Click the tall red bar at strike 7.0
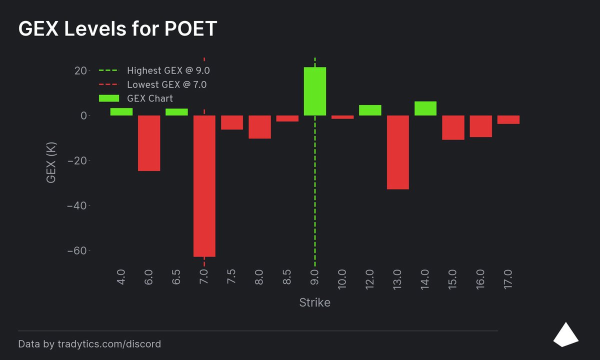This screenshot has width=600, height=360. pyautogui.click(x=204, y=186)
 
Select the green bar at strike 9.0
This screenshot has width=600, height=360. pyautogui.click(x=315, y=91)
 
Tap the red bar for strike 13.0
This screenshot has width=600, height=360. pyautogui.click(x=398, y=152)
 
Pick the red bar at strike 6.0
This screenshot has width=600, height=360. pyautogui.click(x=149, y=143)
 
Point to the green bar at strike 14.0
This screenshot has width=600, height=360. pyautogui.click(x=425, y=108)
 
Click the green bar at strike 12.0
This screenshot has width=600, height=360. pyautogui.click(x=370, y=110)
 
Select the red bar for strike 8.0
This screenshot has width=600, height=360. pyautogui.click(x=259, y=127)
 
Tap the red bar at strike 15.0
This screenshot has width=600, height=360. pyautogui.click(x=453, y=127)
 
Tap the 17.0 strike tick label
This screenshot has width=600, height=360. pyautogui.click(x=508, y=277)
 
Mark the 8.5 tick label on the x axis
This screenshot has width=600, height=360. pyautogui.click(x=287, y=277)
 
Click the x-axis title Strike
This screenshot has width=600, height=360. pyautogui.click(x=314, y=302)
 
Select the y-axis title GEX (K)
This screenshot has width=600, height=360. pyautogui.click(x=51, y=163)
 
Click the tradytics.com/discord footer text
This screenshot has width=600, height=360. pyautogui.click(x=109, y=344)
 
